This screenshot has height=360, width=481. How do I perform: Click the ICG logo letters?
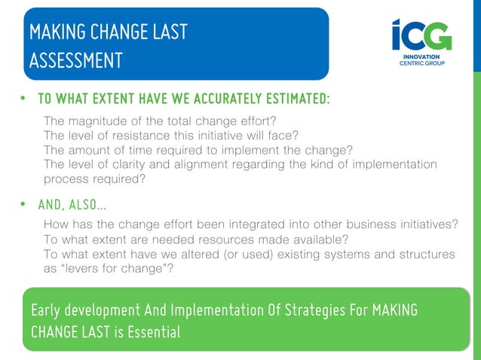point(421,35)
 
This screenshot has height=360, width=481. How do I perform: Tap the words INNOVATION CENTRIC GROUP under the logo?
point(421,59)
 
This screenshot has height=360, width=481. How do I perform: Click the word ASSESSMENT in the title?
point(75,60)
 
